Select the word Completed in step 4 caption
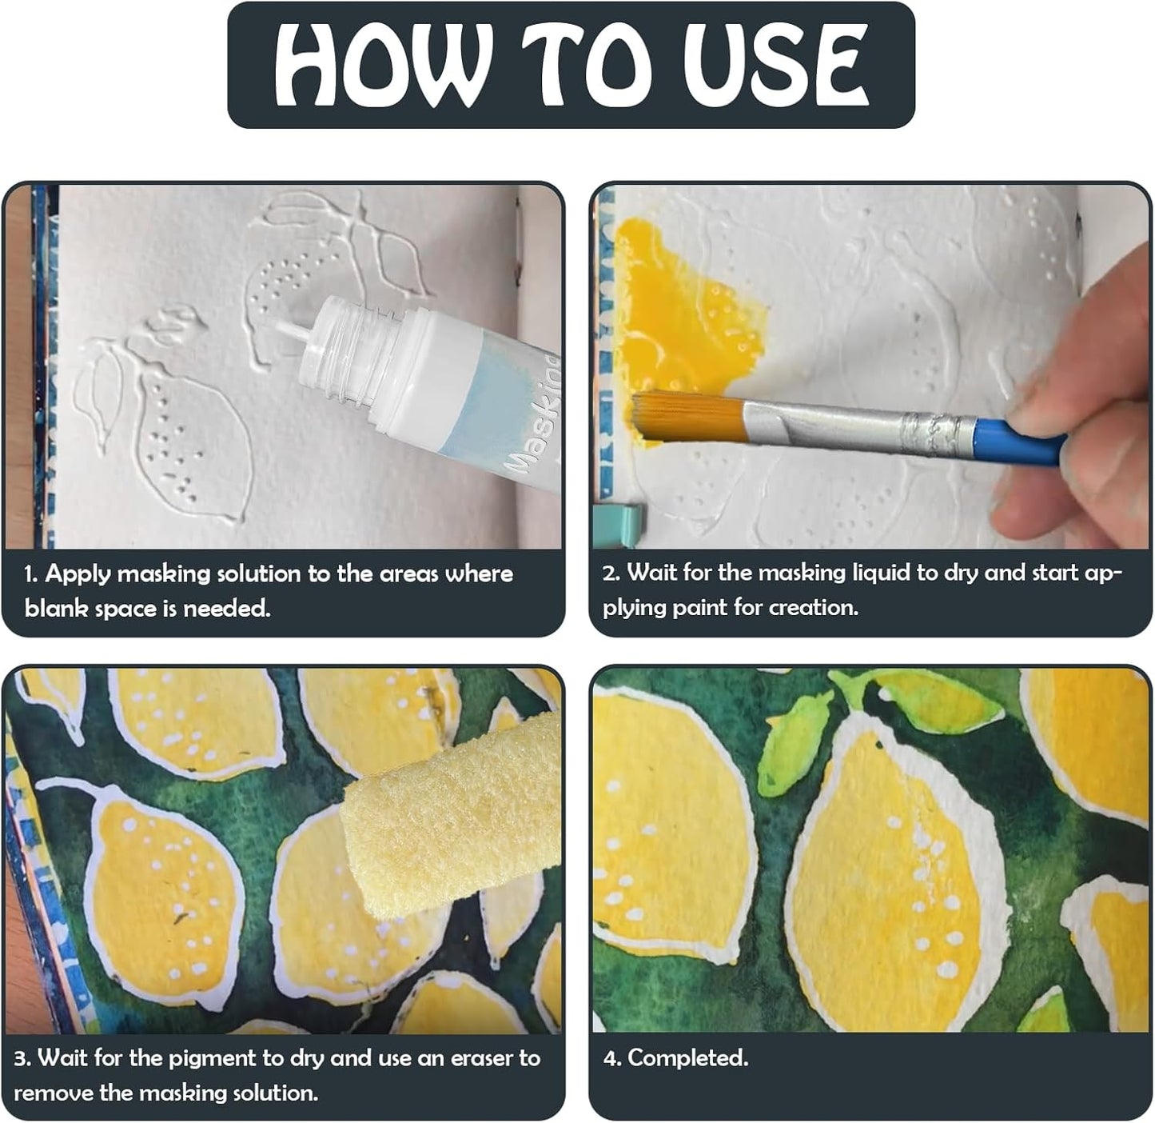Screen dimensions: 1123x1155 click(687, 1057)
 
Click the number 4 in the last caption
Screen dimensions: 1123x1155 click(611, 1058)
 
